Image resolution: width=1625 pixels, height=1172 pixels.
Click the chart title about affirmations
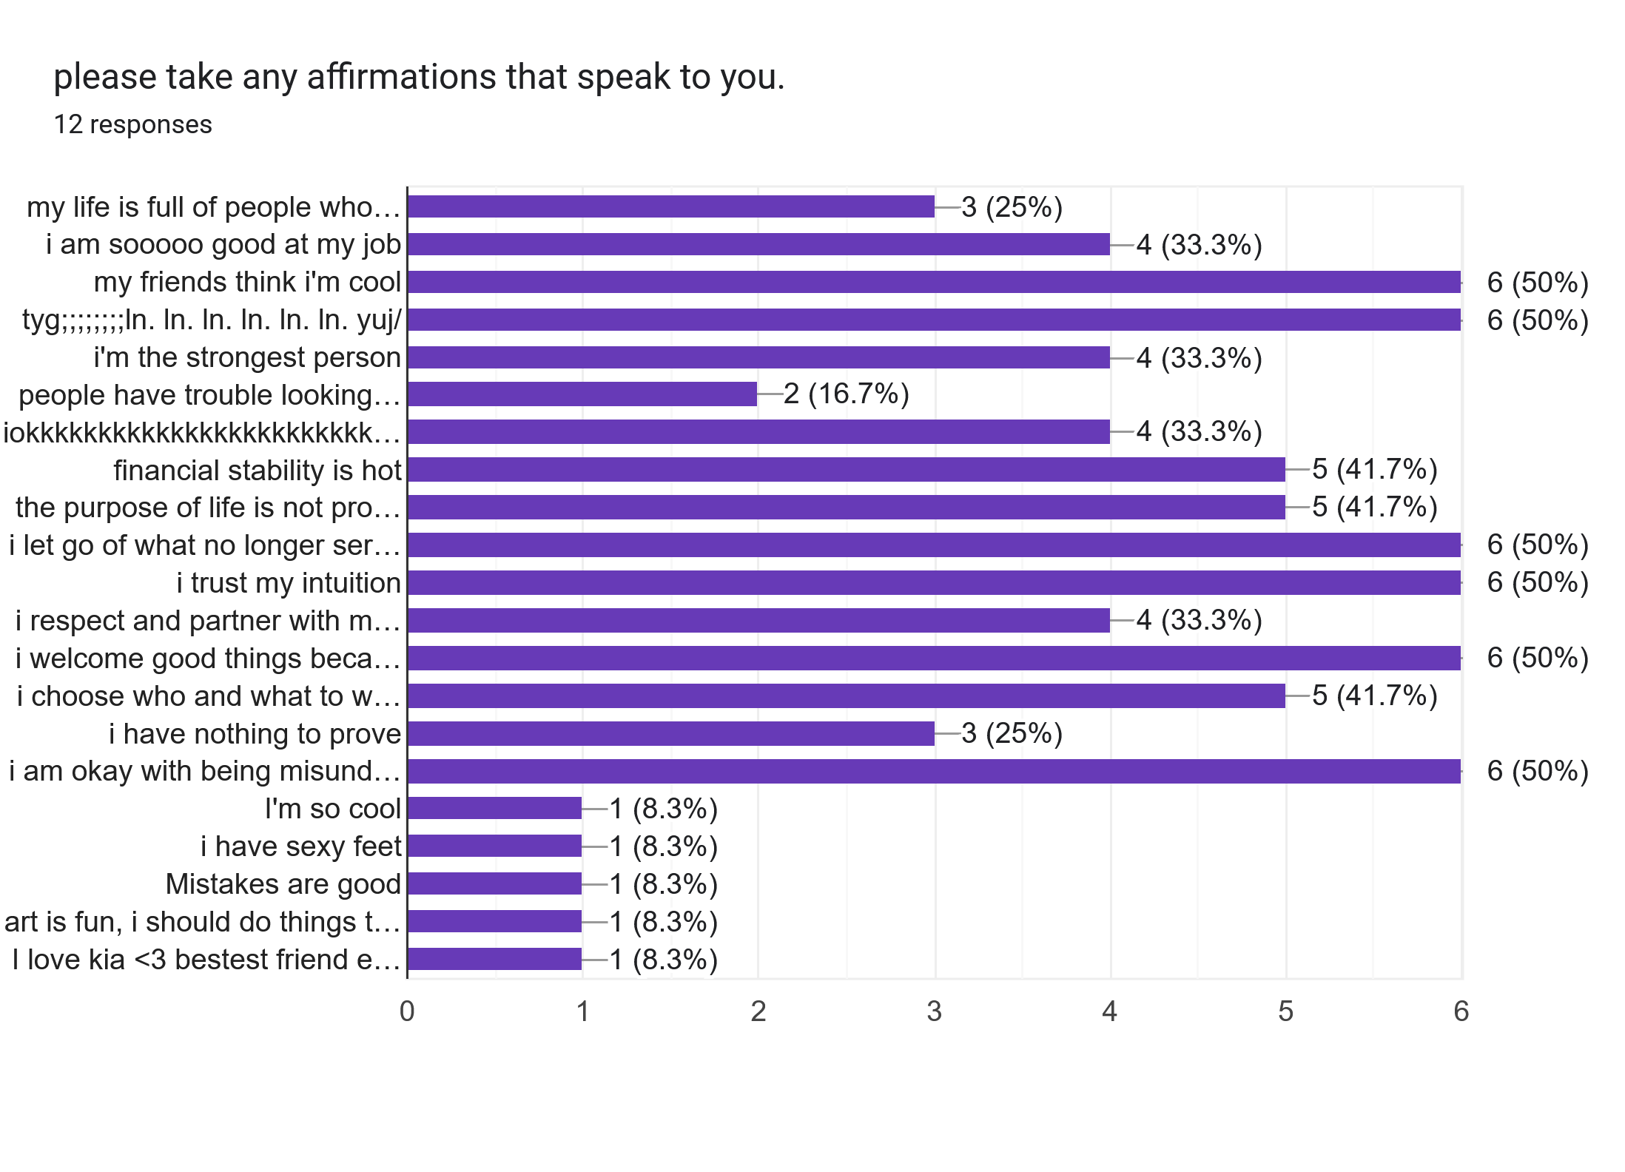point(419,77)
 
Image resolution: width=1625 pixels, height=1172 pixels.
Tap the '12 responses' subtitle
point(132,124)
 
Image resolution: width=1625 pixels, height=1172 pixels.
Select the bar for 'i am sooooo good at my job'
point(758,244)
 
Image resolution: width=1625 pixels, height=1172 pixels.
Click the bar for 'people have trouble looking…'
point(582,394)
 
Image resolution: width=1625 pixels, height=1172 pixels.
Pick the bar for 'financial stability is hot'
point(846,470)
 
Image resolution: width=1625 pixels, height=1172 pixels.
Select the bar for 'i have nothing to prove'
point(670,733)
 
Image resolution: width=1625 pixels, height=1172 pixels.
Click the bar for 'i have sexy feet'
point(494,846)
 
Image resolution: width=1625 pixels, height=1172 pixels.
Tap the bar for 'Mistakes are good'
point(494,883)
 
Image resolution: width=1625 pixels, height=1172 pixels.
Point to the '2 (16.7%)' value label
point(846,394)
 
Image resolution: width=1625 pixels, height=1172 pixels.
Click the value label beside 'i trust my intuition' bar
point(1538,582)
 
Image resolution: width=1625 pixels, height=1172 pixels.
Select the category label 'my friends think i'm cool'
point(247,282)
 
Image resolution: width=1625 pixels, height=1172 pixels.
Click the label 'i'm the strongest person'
point(247,357)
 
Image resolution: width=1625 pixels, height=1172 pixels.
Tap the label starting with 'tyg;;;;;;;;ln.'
point(212,320)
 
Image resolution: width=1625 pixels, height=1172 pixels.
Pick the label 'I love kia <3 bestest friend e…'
point(206,959)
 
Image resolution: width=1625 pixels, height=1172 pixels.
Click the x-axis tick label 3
point(934,1011)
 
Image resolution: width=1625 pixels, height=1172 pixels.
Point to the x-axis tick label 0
point(407,1011)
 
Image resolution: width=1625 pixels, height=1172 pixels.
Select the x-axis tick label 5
point(1285,1011)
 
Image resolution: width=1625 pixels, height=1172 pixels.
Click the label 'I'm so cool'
point(332,809)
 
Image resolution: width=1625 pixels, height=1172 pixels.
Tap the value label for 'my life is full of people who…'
point(1012,207)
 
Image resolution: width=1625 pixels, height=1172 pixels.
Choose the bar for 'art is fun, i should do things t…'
point(494,921)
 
